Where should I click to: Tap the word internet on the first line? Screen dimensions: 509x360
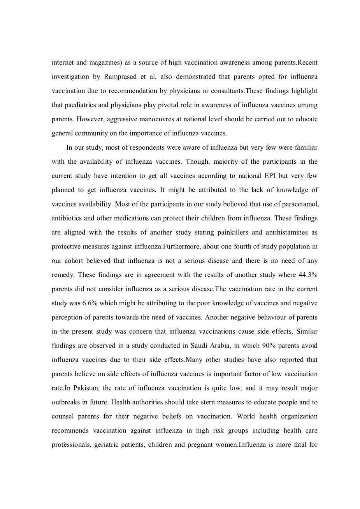pos(63,63)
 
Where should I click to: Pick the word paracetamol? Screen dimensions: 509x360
pos(300,204)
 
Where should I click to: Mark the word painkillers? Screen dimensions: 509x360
pos(230,233)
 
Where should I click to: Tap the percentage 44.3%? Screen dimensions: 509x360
pos(308,275)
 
